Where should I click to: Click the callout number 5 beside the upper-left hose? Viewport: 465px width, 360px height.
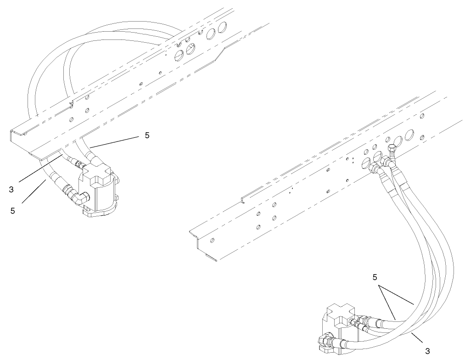point(146,135)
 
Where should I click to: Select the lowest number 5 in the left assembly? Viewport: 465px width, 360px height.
point(13,210)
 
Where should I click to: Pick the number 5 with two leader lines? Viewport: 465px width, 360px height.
point(375,277)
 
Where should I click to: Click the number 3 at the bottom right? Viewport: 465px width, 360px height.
point(427,351)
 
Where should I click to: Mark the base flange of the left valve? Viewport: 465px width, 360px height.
point(99,210)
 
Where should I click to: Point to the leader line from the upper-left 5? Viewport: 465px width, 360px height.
point(115,141)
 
